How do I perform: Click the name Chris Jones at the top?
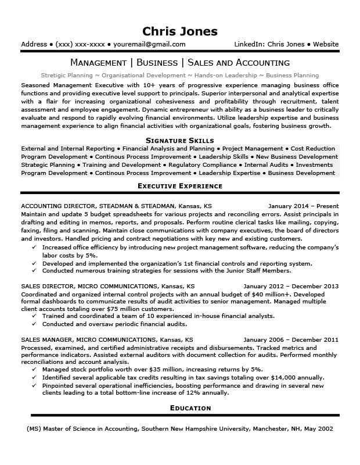click(x=180, y=31)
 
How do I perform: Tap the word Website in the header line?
click(x=326, y=44)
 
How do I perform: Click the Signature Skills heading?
click(x=180, y=140)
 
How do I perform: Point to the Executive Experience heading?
click(x=180, y=186)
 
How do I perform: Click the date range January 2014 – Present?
click(x=304, y=206)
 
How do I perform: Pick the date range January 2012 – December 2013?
click(x=291, y=287)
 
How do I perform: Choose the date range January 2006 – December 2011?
click(x=291, y=339)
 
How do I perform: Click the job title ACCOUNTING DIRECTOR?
click(x=57, y=206)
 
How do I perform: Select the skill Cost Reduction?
click(x=313, y=149)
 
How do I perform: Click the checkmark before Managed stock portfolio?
click(x=35, y=370)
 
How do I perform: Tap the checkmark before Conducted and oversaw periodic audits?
click(x=35, y=324)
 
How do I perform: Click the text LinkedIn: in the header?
click(x=250, y=44)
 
